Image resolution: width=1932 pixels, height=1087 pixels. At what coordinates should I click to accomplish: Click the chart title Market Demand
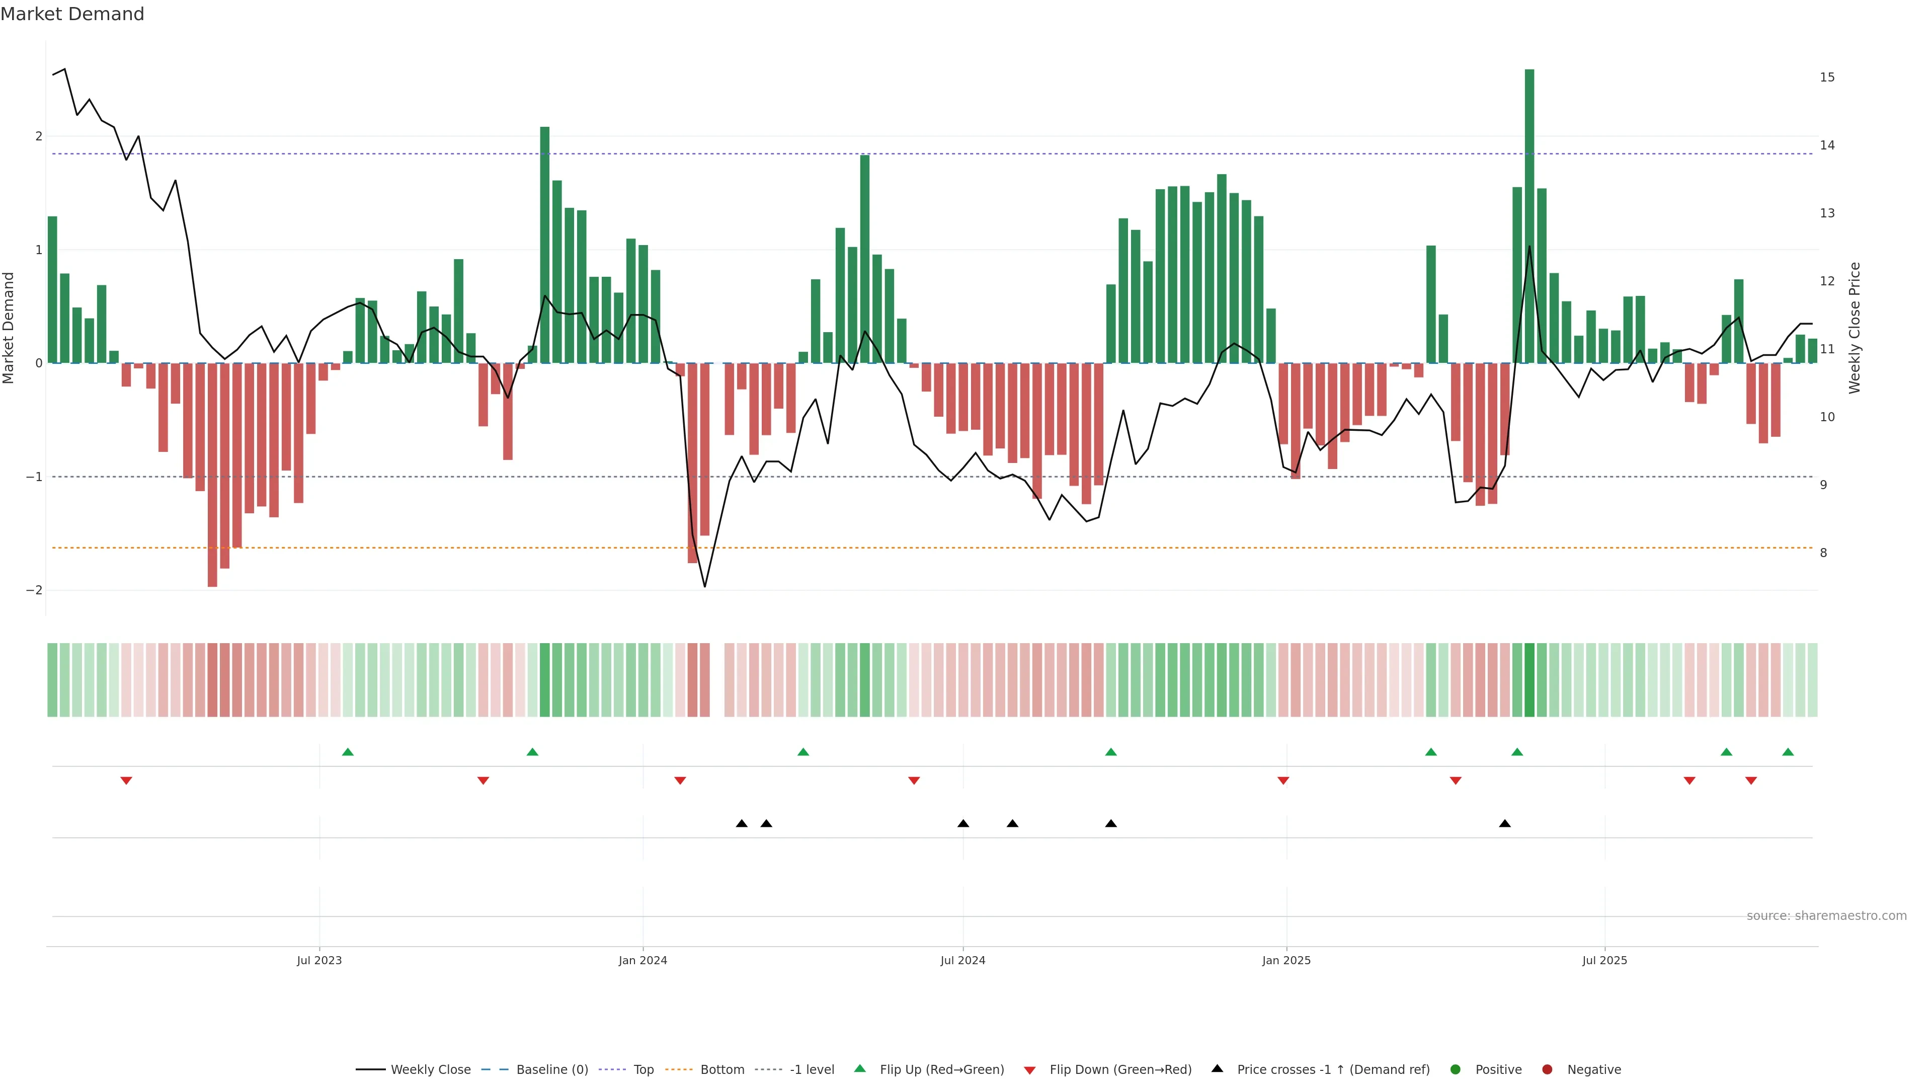(72, 14)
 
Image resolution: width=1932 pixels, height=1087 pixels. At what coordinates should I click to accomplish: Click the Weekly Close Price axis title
(1855, 328)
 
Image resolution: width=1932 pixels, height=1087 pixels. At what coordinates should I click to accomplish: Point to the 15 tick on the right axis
(1827, 77)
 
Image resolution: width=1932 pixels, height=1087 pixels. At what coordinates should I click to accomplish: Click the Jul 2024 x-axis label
(963, 960)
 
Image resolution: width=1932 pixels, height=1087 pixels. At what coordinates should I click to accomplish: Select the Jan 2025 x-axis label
(1286, 960)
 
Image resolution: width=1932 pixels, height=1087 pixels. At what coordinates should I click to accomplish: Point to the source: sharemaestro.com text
(1826, 916)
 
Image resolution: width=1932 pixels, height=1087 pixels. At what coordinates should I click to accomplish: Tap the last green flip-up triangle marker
(1788, 752)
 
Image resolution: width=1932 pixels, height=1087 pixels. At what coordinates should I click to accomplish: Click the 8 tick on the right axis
(1823, 553)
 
